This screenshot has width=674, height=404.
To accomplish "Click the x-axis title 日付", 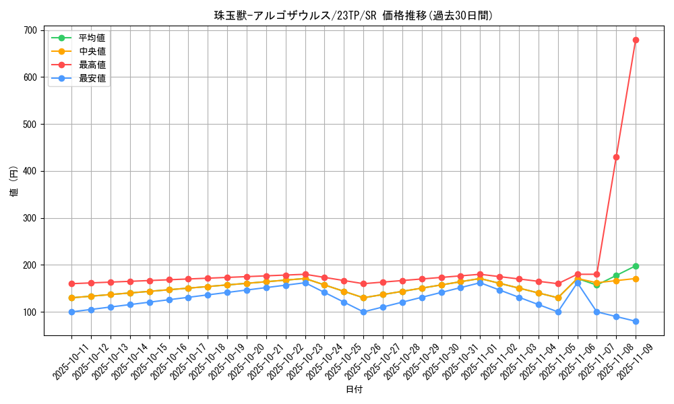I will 353,390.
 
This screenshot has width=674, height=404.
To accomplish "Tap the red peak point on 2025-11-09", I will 636,40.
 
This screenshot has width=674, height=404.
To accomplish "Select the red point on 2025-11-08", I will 616,157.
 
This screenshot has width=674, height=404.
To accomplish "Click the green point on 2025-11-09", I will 636,266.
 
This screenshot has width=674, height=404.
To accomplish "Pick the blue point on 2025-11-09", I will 636,321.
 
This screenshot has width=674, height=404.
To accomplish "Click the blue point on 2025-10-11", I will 71,312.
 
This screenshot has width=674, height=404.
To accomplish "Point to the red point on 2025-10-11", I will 71,283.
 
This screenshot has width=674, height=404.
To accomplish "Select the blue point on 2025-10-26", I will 363,312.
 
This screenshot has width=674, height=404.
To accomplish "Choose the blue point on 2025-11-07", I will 596,312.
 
